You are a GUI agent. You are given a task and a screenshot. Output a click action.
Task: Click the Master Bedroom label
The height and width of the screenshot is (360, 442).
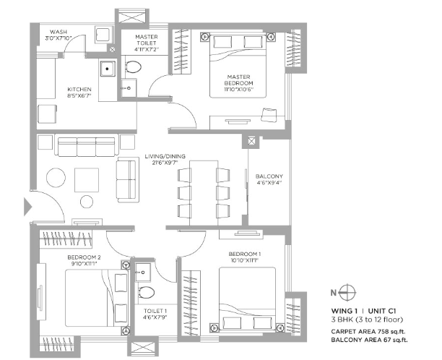[x=238, y=80]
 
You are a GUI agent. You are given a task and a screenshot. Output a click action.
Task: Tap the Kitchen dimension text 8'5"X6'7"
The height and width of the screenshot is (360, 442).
[x=79, y=95]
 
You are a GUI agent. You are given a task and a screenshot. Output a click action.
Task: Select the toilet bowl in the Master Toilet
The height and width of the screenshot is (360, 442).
[x=134, y=67]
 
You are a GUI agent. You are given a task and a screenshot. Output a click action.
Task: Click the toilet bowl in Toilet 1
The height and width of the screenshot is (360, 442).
[x=147, y=293]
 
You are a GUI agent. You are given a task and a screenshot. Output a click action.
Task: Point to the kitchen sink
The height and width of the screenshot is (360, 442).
[x=108, y=69]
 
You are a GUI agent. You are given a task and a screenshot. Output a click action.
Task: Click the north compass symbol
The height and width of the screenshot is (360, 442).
[x=347, y=293]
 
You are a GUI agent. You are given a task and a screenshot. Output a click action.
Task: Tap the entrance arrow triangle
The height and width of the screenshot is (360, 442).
[x=27, y=207]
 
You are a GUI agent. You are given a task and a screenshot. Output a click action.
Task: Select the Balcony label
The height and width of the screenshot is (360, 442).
[x=269, y=176]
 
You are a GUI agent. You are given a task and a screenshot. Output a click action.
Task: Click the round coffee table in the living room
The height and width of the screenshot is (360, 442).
[x=56, y=177]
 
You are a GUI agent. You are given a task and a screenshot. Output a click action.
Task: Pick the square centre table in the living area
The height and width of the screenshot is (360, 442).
[x=87, y=180]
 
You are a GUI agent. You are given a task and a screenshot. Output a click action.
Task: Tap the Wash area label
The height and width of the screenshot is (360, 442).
[x=58, y=32]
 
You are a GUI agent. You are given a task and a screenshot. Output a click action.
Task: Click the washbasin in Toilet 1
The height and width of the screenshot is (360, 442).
[x=143, y=273]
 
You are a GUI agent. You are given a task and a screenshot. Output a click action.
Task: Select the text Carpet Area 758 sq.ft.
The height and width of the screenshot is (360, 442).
[x=369, y=332]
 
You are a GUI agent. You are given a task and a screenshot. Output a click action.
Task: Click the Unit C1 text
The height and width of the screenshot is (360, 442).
[x=382, y=311]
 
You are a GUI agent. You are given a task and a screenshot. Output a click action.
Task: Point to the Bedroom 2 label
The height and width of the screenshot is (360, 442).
[x=84, y=257]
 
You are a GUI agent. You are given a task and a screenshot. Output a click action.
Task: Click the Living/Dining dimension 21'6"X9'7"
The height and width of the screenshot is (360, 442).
[x=165, y=163]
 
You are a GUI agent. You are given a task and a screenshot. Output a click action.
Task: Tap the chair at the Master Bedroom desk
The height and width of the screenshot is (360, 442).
[x=269, y=115]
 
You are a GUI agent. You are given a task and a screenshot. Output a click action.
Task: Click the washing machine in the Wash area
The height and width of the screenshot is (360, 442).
[x=103, y=35]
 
